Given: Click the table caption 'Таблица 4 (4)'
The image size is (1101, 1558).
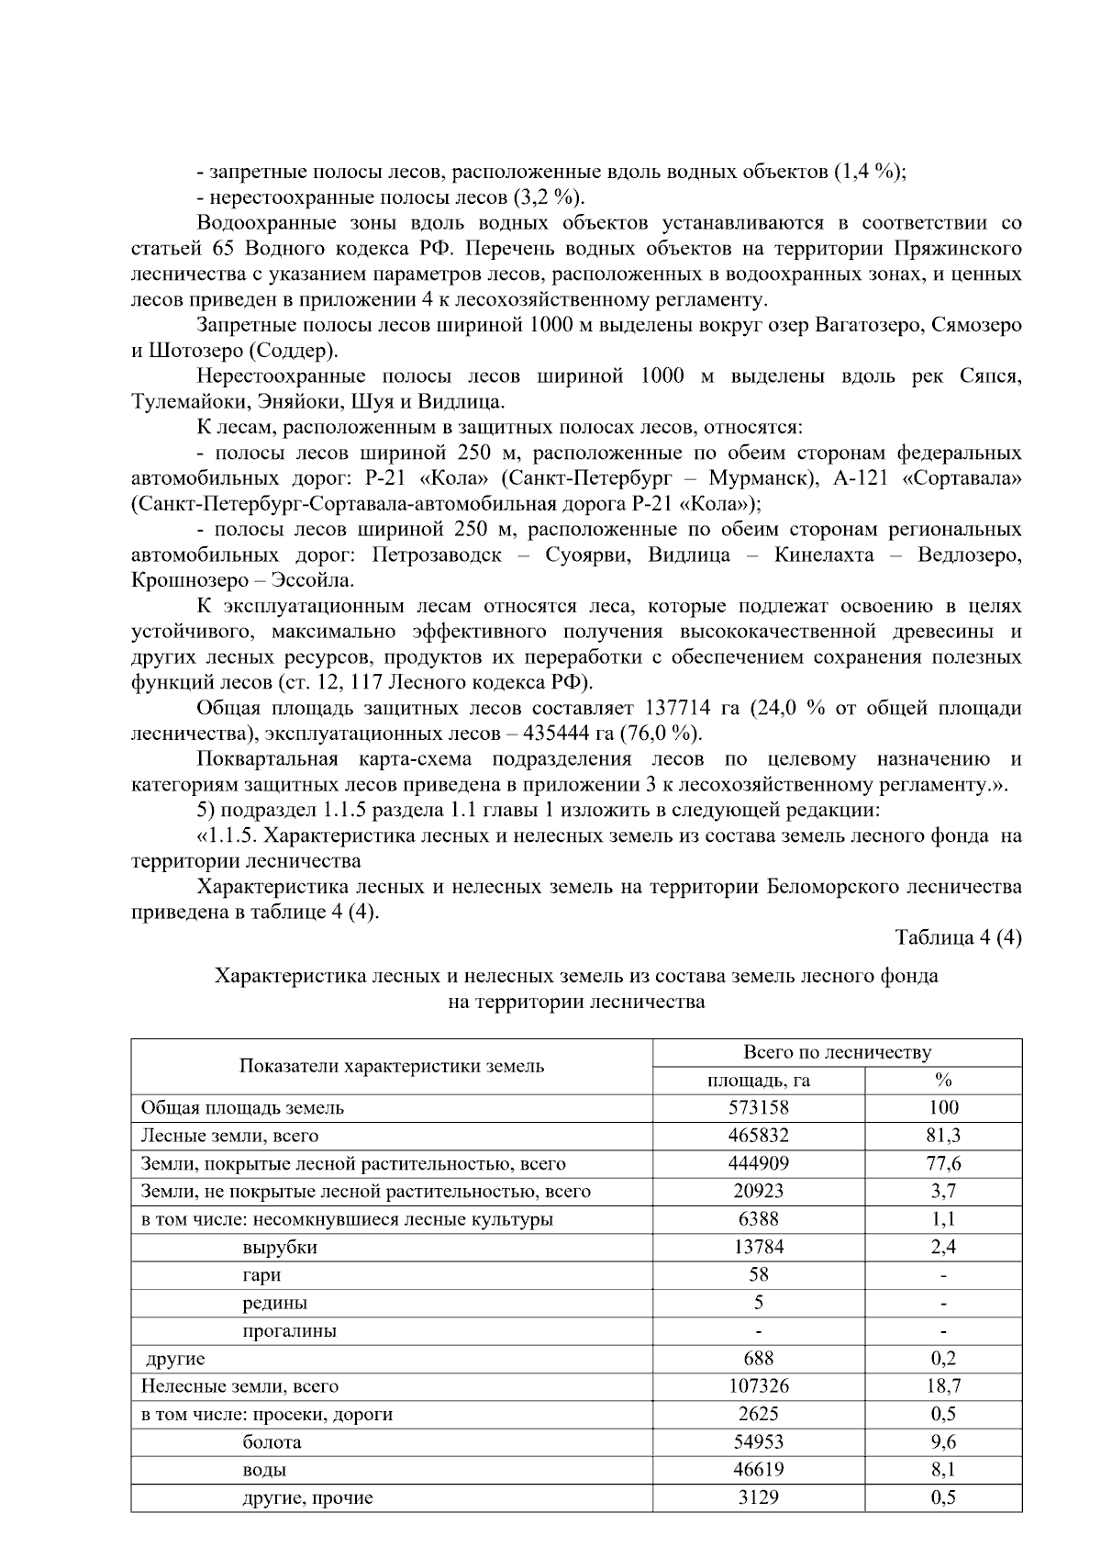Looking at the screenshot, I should pyautogui.click(x=958, y=937).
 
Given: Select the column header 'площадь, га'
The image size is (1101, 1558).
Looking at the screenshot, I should pyautogui.click(x=758, y=1081).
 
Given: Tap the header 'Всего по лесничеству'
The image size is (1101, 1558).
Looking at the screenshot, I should pyautogui.click(x=837, y=1052).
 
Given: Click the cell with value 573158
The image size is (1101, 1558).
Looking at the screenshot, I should pyautogui.click(x=758, y=1108).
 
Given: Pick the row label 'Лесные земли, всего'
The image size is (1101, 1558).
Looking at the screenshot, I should pyautogui.click(x=229, y=1136).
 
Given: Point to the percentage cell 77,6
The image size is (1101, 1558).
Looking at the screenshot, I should pyautogui.click(x=943, y=1164).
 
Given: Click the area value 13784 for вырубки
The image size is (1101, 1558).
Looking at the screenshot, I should pyautogui.click(x=758, y=1248).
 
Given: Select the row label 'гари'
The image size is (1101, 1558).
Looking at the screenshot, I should pyautogui.click(x=261, y=1275).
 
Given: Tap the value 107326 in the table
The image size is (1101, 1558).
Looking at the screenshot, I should pyautogui.click(x=758, y=1386).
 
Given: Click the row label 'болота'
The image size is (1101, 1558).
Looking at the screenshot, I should pyautogui.click(x=272, y=1442).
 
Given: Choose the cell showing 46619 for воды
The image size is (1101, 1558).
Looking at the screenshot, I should pyautogui.click(x=758, y=1470).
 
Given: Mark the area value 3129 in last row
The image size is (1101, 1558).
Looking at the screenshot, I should pyautogui.click(x=758, y=1498).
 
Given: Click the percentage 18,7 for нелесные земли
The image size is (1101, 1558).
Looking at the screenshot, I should pyautogui.click(x=943, y=1386).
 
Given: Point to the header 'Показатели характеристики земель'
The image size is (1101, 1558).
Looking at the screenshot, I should pyautogui.click(x=392, y=1066).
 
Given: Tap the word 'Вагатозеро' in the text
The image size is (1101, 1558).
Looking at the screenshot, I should pyautogui.click(x=873, y=325).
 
